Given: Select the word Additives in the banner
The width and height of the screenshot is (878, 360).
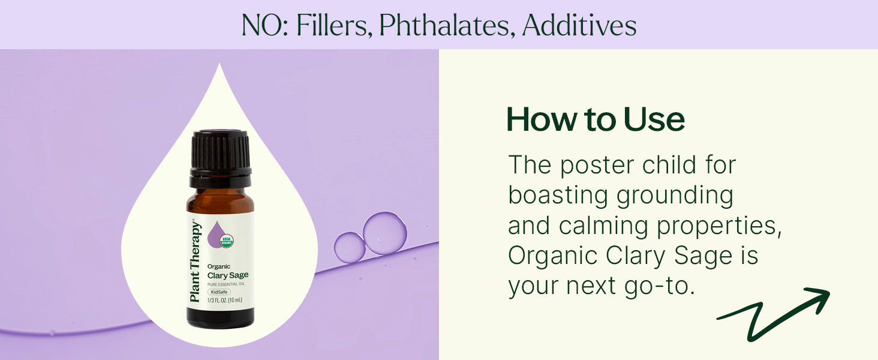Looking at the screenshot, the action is (x=579, y=25).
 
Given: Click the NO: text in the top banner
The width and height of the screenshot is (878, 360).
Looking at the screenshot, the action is (x=265, y=25).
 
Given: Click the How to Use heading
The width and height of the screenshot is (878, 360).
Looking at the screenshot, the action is (x=596, y=119).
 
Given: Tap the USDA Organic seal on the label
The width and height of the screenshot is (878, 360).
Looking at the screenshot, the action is (x=227, y=241).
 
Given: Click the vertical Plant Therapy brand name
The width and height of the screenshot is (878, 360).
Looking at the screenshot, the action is (x=195, y=262).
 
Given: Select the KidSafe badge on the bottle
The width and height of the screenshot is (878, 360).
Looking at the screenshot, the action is (x=219, y=292).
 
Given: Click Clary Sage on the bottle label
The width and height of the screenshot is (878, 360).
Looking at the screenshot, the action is (x=228, y=275).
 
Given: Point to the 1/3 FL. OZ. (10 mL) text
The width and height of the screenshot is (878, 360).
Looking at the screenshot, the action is (x=224, y=301).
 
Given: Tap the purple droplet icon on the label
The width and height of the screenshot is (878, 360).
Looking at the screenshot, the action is (x=217, y=235).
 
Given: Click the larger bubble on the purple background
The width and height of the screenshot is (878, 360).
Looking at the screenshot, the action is (x=385, y=233).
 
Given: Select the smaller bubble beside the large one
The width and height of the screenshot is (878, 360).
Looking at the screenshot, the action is (x=350, y=247).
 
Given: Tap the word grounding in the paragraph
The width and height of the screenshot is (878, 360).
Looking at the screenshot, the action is (x=675, y=195).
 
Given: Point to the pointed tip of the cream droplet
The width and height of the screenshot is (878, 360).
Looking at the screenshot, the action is (x=220, y=64).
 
